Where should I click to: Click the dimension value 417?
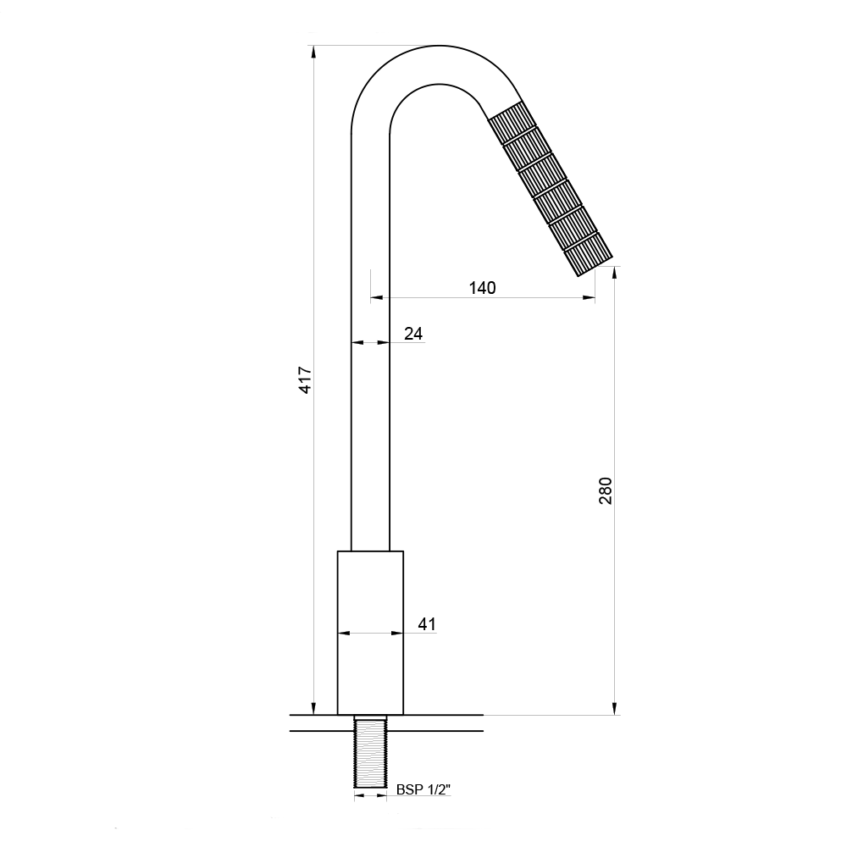pyautogui.click(x=306, y=380)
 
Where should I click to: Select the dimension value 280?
pyautogui.click(x=606, y=490)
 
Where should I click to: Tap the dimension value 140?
pyautogui.click(x=482, y=288)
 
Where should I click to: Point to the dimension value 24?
pyautogui.click(x=413, y=334)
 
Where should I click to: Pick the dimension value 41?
pyautogui.click(x=427, y=624)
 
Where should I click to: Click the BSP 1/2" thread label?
pyautogui.click(x=423, y=789)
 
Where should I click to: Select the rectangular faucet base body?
pyautogui.click(x=371, y=633)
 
